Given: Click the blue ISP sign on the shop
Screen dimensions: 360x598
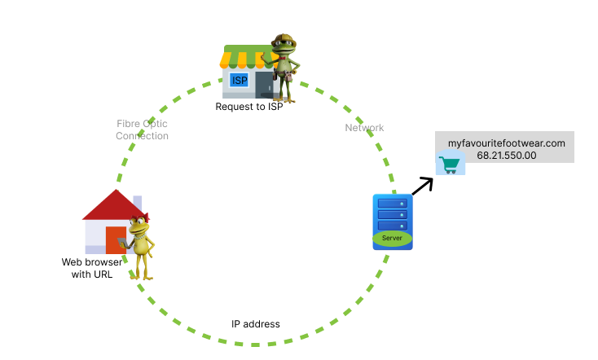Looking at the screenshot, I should pos(240,80).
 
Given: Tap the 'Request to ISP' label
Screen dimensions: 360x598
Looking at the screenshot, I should pos(248,107).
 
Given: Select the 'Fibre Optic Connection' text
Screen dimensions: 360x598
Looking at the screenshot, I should pos(142,130).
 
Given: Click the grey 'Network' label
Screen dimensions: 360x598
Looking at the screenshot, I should pos(364,128).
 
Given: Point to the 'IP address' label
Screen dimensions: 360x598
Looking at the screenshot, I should pos(255,324).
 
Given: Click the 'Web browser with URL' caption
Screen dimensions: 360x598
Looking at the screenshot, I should pos(92,268).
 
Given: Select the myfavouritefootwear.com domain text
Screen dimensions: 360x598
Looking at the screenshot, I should pos(507,143).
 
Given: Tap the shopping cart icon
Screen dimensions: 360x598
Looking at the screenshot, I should pos(449,165).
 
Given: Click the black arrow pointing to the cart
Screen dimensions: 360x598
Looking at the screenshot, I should pos(422,186).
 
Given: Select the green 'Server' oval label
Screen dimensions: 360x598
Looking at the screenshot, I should pos(393,238).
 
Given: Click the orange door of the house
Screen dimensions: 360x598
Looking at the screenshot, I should pos(115,240).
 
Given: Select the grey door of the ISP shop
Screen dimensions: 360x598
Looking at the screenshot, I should pos(264,85).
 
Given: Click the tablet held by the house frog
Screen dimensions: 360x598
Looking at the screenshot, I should pos(124,242).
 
